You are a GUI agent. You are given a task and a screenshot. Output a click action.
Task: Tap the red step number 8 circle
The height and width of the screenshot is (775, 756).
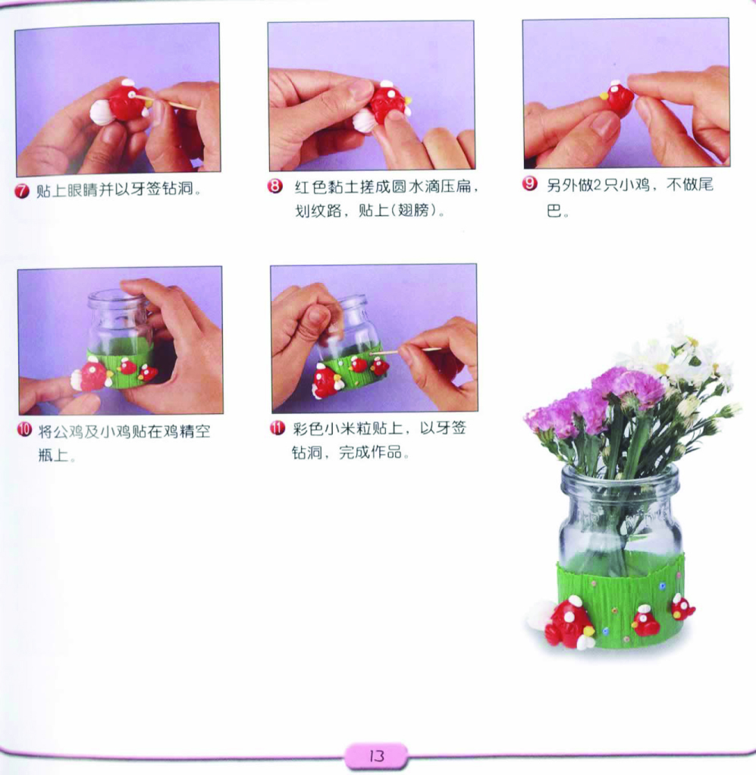click(x=274, y=187)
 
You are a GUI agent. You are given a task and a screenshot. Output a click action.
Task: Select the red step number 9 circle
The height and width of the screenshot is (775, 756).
click(x=530, y=184)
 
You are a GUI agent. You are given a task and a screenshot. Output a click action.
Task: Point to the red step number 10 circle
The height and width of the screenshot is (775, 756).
click(x=24, y=429)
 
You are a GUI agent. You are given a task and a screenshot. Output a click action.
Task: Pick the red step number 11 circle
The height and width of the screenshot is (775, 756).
click(x=278, y=428)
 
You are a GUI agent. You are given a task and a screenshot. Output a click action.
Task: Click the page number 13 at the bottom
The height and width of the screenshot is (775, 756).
click(x=377, y=756)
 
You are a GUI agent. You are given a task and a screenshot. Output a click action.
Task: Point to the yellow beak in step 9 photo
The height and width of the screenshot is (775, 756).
click(x=604, y=95)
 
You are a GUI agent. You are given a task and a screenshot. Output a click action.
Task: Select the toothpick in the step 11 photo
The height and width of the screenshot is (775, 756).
click(x=405, y=351)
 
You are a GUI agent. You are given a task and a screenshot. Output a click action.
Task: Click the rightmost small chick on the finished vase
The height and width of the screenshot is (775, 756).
click(x=682, y=607)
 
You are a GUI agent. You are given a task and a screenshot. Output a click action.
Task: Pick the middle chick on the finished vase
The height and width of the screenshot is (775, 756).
click(x=645, y=621)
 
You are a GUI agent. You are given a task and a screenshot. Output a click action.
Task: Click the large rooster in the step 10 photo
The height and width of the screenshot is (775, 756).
click(x=93, y=375)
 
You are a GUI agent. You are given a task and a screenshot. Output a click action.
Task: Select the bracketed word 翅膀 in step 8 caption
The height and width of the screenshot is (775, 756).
click(x=414, y=211)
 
